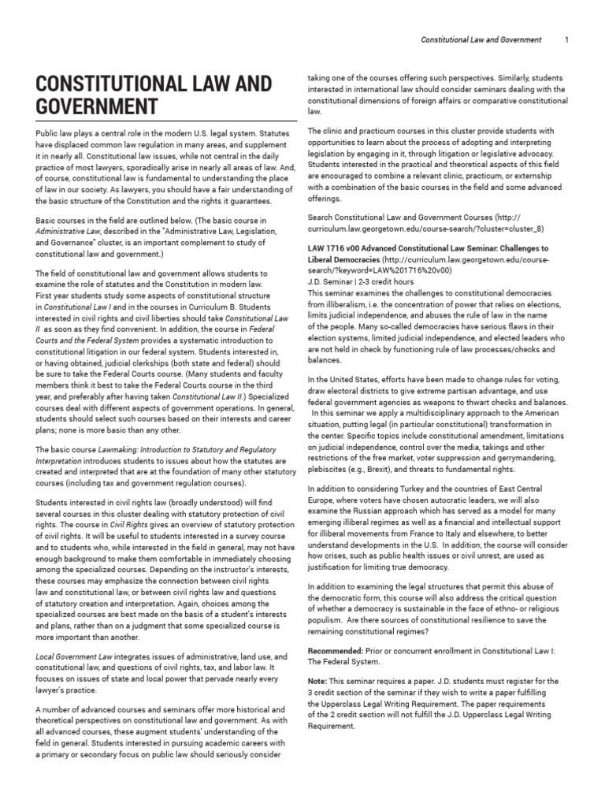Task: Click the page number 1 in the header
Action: [x=567, y=39]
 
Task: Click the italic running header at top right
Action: [x=481, y=39]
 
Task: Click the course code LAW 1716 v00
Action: [x=336, y=248]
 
